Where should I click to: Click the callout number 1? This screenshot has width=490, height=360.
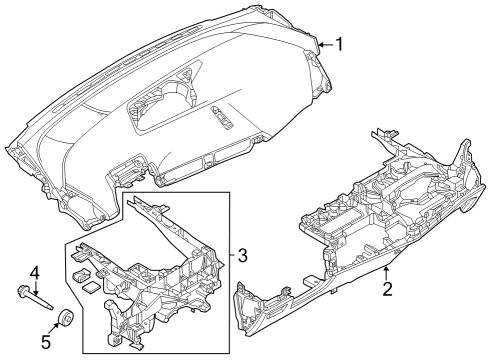click(339, 44)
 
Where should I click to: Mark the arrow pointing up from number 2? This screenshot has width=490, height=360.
click(385, 272)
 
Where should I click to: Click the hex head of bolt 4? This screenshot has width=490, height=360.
click(21, 291)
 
